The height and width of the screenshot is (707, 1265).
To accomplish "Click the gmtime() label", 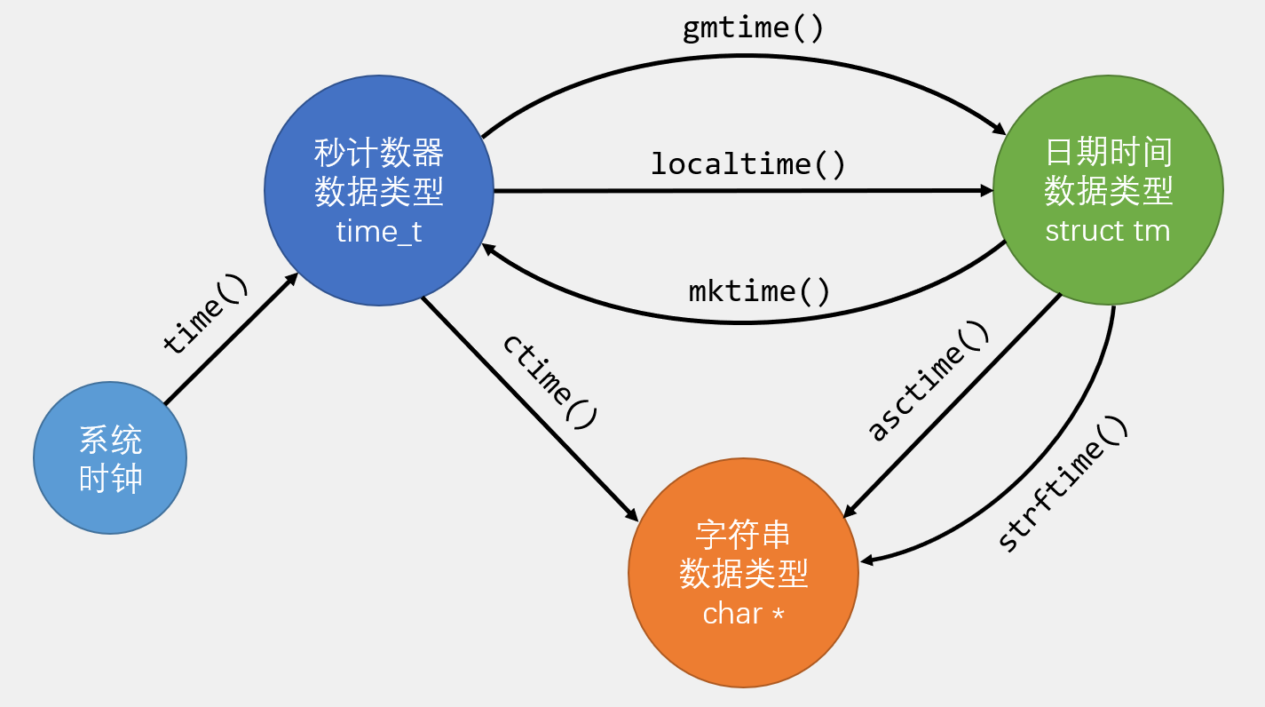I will tap(753, 28).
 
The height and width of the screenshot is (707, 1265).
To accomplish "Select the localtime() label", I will tap(747, 164).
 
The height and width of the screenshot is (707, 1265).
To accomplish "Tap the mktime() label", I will tap(759, 290).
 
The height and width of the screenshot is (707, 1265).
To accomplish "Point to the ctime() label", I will tap(549, 381).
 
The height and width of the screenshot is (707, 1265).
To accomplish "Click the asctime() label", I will tap(928, 381).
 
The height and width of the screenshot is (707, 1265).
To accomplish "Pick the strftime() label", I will tap(1063, 484).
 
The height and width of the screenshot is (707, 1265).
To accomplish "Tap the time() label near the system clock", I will tap(206, 314).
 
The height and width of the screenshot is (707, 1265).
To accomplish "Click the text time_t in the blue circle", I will tap(379, 232).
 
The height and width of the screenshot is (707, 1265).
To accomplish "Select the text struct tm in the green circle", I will tap(1107, 231).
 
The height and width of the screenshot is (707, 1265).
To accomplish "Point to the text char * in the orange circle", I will tap(743, 614).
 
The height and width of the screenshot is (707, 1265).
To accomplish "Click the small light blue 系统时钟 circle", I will tap(110, 458).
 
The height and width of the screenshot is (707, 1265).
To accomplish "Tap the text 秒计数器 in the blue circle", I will tap(379, 153).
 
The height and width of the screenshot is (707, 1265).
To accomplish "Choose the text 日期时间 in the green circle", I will tap(1108, 153).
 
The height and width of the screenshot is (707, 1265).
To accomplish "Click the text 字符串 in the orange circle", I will tap(743, 535).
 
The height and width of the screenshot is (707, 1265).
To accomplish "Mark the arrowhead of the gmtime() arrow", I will tap(1000, 128).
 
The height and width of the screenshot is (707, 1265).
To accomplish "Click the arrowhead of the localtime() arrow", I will tap(987, 190).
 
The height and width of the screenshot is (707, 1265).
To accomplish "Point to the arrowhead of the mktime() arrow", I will tap(486, 250).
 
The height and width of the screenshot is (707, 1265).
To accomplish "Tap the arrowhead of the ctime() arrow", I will tap(633, 516).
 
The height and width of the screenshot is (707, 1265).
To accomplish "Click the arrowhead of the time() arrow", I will tap(293, 278).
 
